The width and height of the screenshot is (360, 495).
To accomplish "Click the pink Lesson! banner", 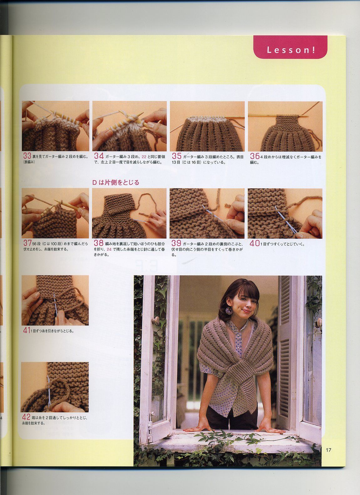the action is (290, 47).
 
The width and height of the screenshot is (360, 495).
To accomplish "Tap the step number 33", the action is (27, 156).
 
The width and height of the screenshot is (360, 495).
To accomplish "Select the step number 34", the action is (99, 156).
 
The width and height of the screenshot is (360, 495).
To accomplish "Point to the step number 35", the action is (177, 156).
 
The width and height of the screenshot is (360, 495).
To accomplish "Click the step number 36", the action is (255, 156).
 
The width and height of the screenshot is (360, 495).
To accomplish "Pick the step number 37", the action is (27, 243).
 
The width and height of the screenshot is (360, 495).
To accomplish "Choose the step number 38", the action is (99, 243).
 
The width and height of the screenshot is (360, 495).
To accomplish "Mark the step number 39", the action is (177, 243).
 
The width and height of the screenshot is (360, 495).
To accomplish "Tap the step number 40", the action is (254, 243).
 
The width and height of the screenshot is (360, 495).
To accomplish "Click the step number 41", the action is (27, 330).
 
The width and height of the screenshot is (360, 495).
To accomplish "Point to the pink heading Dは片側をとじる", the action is (116, 182).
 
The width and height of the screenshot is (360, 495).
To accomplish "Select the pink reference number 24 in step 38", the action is (109, 249).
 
